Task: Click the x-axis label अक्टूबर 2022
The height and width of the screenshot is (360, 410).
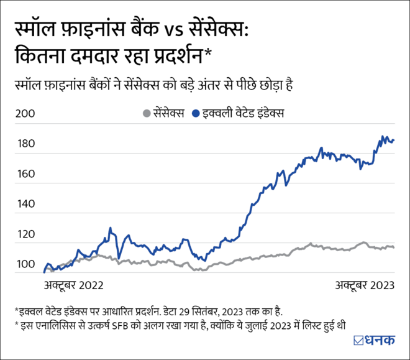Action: point(73,285)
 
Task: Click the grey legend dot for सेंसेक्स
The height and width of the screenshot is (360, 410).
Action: point(146,114)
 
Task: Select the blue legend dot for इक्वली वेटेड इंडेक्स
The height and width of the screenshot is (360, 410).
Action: point(196,114)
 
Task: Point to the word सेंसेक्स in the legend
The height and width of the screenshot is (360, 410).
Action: point(168,114)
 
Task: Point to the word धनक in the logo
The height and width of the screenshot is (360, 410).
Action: point(380,339)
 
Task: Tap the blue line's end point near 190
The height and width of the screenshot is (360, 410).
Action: point(394,141)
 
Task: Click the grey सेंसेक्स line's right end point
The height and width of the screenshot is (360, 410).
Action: point(394,247)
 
